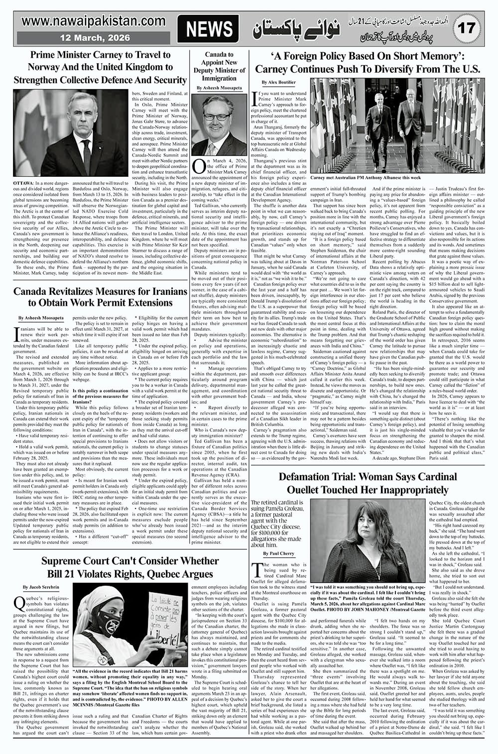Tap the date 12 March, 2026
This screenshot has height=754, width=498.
95,38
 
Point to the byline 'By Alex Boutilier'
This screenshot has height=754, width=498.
278,82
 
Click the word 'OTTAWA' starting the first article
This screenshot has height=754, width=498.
24,184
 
